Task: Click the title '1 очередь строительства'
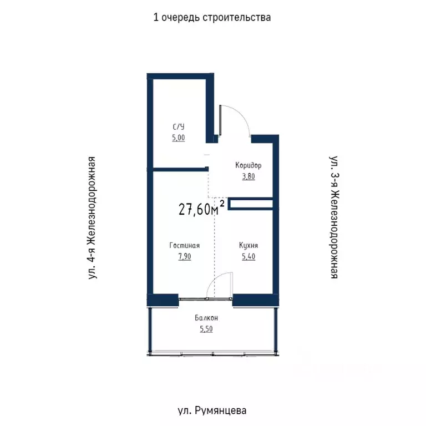212,17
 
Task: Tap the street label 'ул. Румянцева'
212,411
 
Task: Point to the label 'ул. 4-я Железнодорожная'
93,217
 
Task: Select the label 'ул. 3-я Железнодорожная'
333,217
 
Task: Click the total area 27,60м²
201,209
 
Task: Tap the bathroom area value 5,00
178,138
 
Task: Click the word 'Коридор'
248,165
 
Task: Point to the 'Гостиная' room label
185,246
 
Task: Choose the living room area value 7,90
185,257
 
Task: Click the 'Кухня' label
248,246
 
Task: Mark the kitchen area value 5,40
248,257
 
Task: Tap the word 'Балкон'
206,318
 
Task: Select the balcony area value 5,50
206,329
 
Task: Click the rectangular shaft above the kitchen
250,204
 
